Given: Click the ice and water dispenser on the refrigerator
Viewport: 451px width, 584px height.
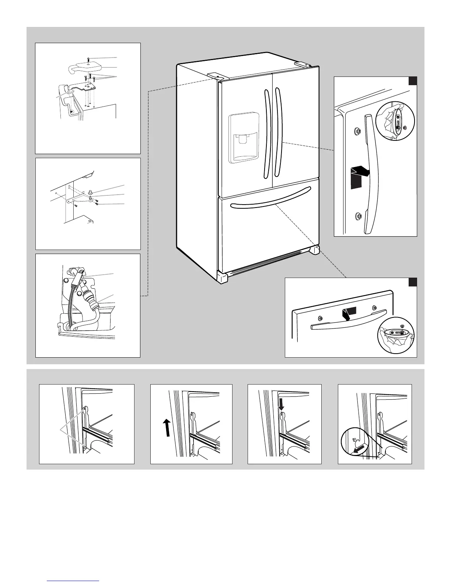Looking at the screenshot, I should (244, 138).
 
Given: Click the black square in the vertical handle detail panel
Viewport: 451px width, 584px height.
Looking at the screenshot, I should (412, 81).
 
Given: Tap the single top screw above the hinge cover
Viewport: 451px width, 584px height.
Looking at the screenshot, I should (89, 59).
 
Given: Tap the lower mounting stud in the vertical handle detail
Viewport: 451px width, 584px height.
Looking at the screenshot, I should (357, 216).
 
